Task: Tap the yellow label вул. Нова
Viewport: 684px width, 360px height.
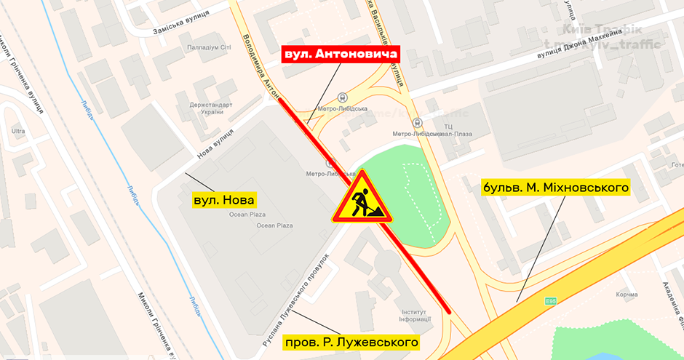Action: (226, 199)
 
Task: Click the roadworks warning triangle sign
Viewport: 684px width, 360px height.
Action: (362, 199)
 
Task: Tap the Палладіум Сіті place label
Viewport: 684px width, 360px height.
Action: (209, 47)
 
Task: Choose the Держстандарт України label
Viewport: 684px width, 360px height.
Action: (210, 108)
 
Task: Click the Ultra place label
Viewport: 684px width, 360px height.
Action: (18, 132)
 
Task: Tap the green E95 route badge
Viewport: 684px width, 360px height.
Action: (552, 300)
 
